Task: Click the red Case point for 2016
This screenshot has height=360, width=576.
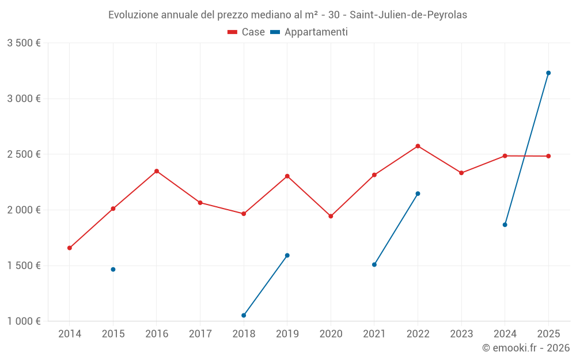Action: [x=157, y=171]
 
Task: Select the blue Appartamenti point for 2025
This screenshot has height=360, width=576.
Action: [x=548, y=73]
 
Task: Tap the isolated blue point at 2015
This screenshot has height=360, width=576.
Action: [x=113, y=270]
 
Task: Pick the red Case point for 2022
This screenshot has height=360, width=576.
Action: [x=418, y=146]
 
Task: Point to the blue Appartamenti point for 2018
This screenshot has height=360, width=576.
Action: [x=244, y=315]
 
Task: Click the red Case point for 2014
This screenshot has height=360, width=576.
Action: [x=70, y=248]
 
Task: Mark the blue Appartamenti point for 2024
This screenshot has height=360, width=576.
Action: [x=505, y=225]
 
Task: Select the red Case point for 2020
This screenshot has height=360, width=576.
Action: [x=331, y=216]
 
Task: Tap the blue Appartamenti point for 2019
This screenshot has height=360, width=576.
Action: [x=287, y=255]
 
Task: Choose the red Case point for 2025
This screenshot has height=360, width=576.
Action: [x=548, y=156]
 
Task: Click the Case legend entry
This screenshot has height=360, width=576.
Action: [x=247, y=32]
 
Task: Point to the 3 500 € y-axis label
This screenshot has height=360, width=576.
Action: [x=24, y=43]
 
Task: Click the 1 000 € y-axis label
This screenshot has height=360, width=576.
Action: [x=24, y=321]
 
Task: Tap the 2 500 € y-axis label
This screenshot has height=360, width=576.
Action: [x=24, y=154]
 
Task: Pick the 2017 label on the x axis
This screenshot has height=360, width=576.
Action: [x=200, y=334]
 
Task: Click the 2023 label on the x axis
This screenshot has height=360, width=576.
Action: [x=461, y=334]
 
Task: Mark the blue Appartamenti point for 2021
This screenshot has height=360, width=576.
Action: [x=374, y=265]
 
